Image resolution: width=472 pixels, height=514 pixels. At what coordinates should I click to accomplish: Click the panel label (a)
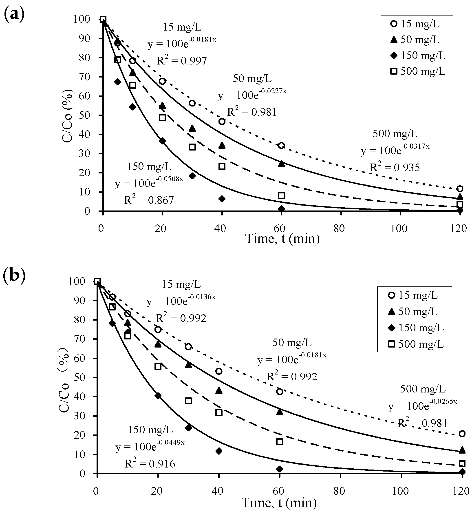[14, 15]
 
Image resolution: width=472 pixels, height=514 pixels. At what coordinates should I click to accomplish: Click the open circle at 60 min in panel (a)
[281, 146]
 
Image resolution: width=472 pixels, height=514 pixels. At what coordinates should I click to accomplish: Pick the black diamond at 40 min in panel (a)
[222, 199]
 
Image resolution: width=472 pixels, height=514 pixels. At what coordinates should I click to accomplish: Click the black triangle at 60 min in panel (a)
[281, 164]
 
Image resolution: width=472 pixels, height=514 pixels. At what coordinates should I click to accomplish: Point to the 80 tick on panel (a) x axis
[339, 229]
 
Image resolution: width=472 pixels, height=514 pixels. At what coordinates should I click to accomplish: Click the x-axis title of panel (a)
[282, 239]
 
